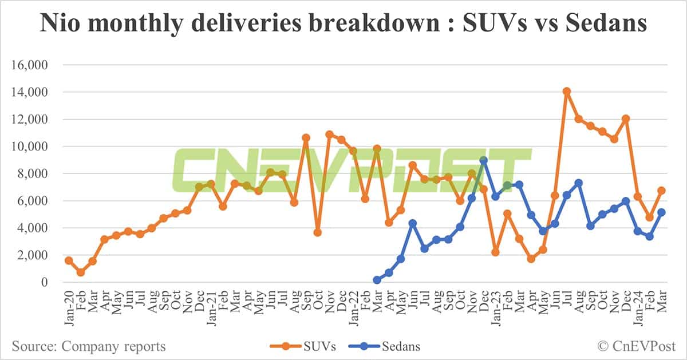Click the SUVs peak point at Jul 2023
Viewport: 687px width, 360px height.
coord(567,92)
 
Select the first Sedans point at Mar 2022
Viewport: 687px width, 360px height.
coord(377,280)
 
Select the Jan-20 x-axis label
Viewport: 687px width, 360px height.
coord(69,307)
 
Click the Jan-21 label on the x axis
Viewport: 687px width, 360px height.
coord(211,307)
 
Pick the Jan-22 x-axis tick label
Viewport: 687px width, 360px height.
coord(353,307)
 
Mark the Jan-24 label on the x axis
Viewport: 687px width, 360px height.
coord(638,307)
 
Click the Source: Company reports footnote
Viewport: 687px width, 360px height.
coord(89,346)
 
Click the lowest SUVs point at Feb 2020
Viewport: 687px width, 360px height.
coord(81,272)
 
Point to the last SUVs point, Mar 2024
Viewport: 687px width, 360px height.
coord(661,191)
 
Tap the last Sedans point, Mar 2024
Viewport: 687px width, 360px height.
coord(661,212)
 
